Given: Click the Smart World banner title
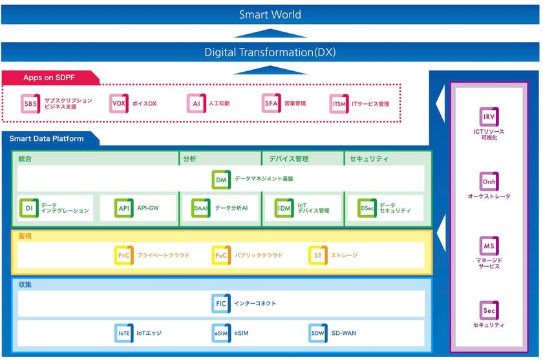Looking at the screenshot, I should tap(270, 14).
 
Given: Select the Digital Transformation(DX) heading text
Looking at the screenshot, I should tap(270, 52).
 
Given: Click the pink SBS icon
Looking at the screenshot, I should tap(30, 103).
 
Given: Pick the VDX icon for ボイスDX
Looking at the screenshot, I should tap(118, 103).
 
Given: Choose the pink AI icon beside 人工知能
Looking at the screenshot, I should tap(196, 103).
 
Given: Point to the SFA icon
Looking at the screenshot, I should tap(271, 103).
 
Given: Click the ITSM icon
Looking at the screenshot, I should tap(339, 103).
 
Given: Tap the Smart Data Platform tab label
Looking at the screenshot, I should tap(46, 138).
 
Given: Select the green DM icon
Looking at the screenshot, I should tap(221, 179).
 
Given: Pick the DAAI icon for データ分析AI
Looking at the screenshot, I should tap(201, 209).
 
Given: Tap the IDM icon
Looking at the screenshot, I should tap(284, 209).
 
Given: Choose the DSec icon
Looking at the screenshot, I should tap(367, 209).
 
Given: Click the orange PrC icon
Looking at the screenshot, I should tap(123, 256).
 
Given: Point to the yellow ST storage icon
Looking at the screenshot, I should tap(317, 256).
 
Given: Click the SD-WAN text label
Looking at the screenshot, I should tap(345, 334).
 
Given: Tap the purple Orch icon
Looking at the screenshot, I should tap(489, 182).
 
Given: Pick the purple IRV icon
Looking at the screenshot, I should tap(489, 117).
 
